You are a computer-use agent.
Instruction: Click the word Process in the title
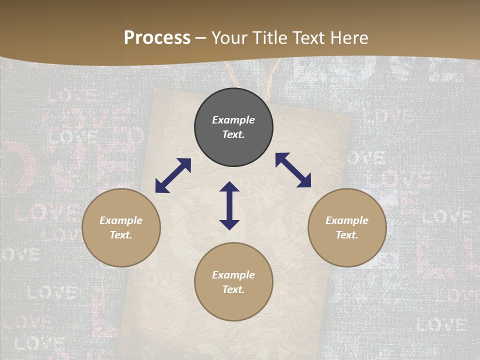pos(157,38)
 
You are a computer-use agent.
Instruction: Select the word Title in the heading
pos(269,38)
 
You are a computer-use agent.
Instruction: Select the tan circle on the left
pos(121,250)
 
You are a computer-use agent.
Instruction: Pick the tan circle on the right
pos(347,250)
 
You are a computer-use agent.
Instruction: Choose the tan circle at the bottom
pos(233,305)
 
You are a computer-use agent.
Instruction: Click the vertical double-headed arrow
pos(229,205)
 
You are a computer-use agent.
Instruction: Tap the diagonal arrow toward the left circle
pos(173,175)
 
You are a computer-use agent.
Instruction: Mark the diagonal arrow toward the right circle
pos(293,170)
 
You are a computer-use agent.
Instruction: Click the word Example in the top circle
pos(233,120)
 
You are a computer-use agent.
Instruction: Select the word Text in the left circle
pos(121,235)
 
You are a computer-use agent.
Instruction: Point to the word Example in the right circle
pos(347,220)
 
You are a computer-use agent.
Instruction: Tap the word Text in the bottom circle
pos(233,289)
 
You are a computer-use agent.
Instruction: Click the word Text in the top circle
pos(233,134)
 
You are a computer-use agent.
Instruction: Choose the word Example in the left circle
pos(121,220)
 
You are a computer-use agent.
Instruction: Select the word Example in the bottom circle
pos(233,275)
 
